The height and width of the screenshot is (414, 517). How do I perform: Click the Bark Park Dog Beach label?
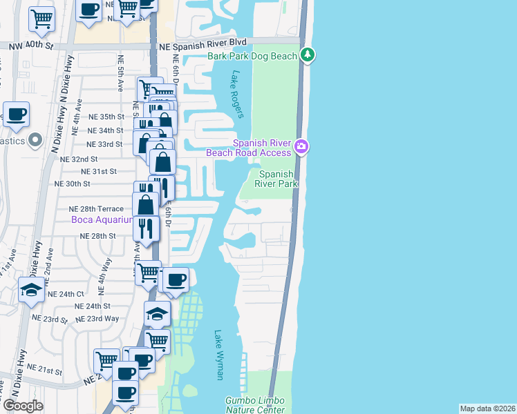pos(252,55)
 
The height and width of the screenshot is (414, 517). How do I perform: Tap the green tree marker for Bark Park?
pos(308,55)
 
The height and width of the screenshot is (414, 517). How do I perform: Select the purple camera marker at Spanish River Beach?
pos(301,146)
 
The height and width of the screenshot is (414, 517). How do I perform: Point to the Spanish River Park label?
pos(276,179)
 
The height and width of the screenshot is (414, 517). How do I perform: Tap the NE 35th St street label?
pos(105,117)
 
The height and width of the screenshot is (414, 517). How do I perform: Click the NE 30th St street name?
pos(72,184)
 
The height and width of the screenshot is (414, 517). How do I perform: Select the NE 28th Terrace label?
pos(96,208)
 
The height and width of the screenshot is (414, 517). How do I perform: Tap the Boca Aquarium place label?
pos(101,219)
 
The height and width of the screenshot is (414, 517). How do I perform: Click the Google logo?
pos(23,406)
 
